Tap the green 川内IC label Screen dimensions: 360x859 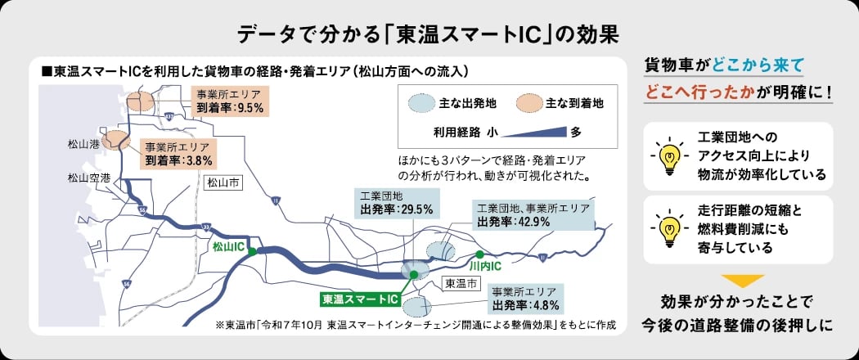click(x=484, y=266)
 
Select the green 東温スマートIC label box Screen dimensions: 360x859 click(x=360, y=299)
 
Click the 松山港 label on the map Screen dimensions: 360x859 click(x=83, y=145)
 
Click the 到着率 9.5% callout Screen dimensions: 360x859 click(x=227, y=100)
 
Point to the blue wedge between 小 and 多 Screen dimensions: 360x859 click(x=536, y=131)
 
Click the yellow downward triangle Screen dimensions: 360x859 click(x=743, y=281)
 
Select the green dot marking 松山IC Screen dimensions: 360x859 click(x=253, y=252)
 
